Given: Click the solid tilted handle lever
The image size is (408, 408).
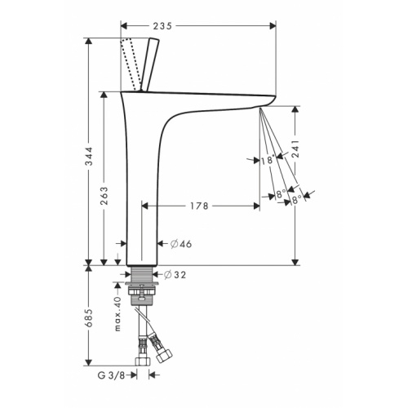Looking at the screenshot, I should point(151,66).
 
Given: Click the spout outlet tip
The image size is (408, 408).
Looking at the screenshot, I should point(259,105).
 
